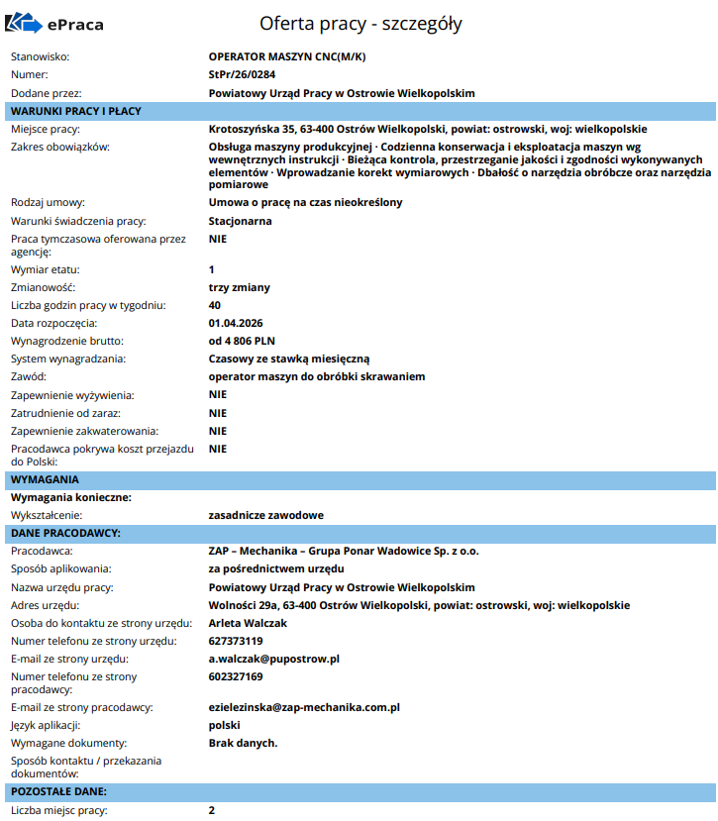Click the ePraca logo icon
pyautogui.click(x=30, y=23)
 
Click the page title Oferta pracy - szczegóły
pyautogui.click(x=360, y=23)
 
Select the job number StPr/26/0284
pyautogui.click(x=242, y=74)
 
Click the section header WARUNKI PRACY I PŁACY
pyautogui.click(x=76, y=111)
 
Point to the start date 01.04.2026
pyautogui.click(x=236, y=323)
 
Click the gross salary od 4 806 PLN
pyautogui.click(x=242, y=341)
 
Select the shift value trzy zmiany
pyautogui.click(x=239, y=287)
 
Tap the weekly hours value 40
pyautogui.click(x=215, y=305)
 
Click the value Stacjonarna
pyautogui.click(x=240, y=221)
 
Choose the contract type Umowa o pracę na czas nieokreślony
pyautogui.click(x=306, y=202)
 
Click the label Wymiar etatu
pyautogui.click(x=45, y=269)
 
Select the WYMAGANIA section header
pyautogui.click(x=45, y=479)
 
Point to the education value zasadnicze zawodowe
pyautogui.click(x=265, y=515)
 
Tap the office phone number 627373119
pyautogui.click(x=236, y=641)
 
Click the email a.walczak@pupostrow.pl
pyautogui.click(x=274, y=659)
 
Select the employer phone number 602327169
pyautogui.click(x=236, y=676)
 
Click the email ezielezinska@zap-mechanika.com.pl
pyautogui.click(x=304, y=707)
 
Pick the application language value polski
pyautogui.click(x=226, y=725)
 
